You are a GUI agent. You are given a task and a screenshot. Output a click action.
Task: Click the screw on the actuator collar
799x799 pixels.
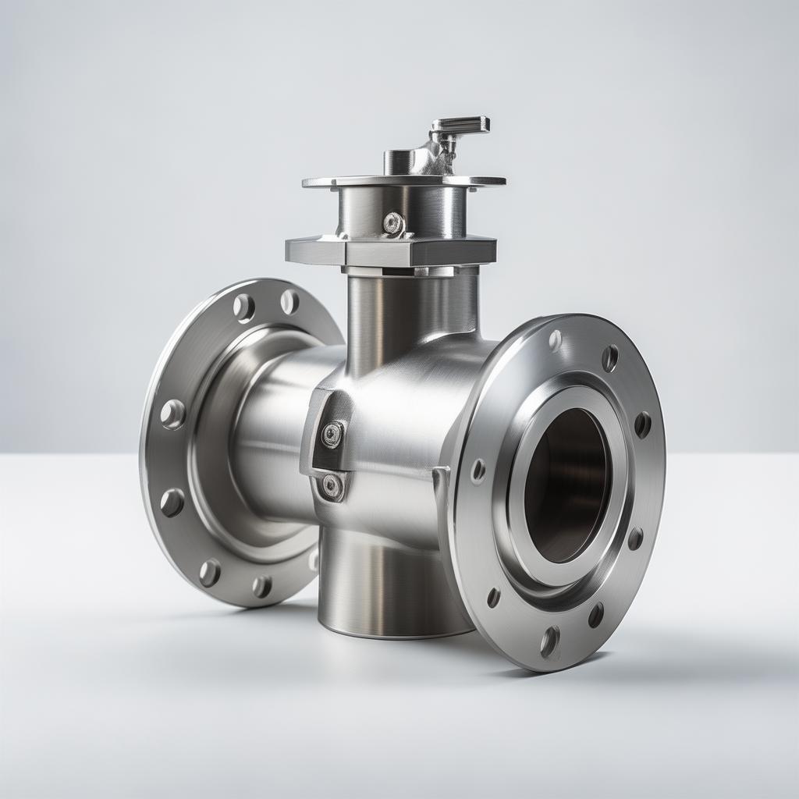pos(393,224)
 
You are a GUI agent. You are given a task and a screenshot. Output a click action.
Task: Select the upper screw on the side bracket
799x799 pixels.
pos(332,435)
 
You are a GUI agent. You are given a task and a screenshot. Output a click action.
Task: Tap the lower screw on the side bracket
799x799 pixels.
pos(332,485)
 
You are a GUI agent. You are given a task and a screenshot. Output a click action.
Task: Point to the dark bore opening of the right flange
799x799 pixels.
pos(566,484)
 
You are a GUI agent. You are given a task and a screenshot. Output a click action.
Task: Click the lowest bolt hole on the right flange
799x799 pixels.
pos(549,641)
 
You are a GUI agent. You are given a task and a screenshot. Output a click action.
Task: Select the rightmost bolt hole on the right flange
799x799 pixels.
pos(642,424)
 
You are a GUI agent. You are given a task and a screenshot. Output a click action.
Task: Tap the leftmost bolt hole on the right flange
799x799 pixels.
pos(478,471)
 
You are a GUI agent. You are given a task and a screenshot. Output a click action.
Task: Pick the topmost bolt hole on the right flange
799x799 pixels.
pos(555,339)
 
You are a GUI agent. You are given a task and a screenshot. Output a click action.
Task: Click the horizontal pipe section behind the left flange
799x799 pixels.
pos(273,437)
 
